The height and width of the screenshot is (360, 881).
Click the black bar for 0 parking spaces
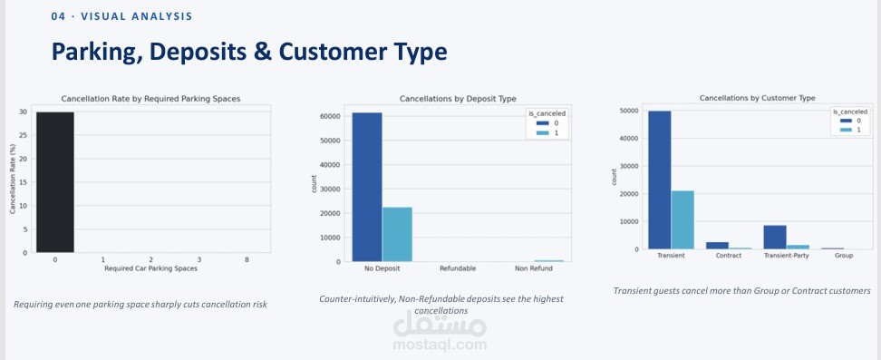pos(55,182)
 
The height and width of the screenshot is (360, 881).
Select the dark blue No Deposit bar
pos(367,188)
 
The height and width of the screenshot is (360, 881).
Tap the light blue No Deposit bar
pos(397,235)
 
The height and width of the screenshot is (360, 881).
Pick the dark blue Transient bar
pos(660,180)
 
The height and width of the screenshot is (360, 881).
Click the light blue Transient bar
pos(683,220)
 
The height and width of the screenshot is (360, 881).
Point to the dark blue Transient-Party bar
pos(775,238)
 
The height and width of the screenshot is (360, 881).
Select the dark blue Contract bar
pos(718,246)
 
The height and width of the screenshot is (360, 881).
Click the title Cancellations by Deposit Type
pos(458,99)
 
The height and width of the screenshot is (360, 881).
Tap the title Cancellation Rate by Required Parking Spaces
pos(150,99)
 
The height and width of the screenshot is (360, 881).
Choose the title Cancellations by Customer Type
pos(758,98)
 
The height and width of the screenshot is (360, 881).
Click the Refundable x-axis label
pos(458,268)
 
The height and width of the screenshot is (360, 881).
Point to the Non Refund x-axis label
pos(534,268)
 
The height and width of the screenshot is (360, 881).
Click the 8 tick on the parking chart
pos(247,259)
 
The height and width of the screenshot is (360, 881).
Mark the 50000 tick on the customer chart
pos(629,111)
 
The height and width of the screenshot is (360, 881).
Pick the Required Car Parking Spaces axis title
pos(151,268)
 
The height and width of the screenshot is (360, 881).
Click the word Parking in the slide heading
pos(98,53)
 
